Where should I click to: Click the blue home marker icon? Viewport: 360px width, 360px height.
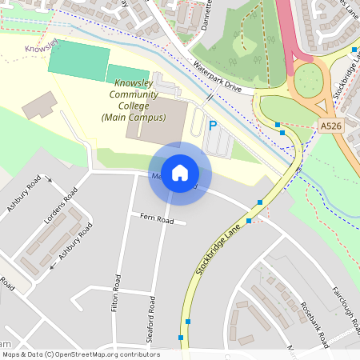pos(180,173)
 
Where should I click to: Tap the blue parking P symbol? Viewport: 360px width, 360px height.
pos(213,126)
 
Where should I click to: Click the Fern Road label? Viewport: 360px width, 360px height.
pos(157,218)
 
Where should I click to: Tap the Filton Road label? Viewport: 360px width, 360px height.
pos(117,293)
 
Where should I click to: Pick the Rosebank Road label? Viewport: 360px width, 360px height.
pos(314,325)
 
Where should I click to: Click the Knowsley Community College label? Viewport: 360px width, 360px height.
pos(134,100)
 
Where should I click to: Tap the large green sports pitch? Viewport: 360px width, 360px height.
pos(78,62)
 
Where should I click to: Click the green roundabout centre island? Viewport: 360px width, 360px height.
pos(308,80)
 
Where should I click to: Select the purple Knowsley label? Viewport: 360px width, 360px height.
pos(42,47)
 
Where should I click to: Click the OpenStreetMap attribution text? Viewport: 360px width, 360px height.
pos(81,354)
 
